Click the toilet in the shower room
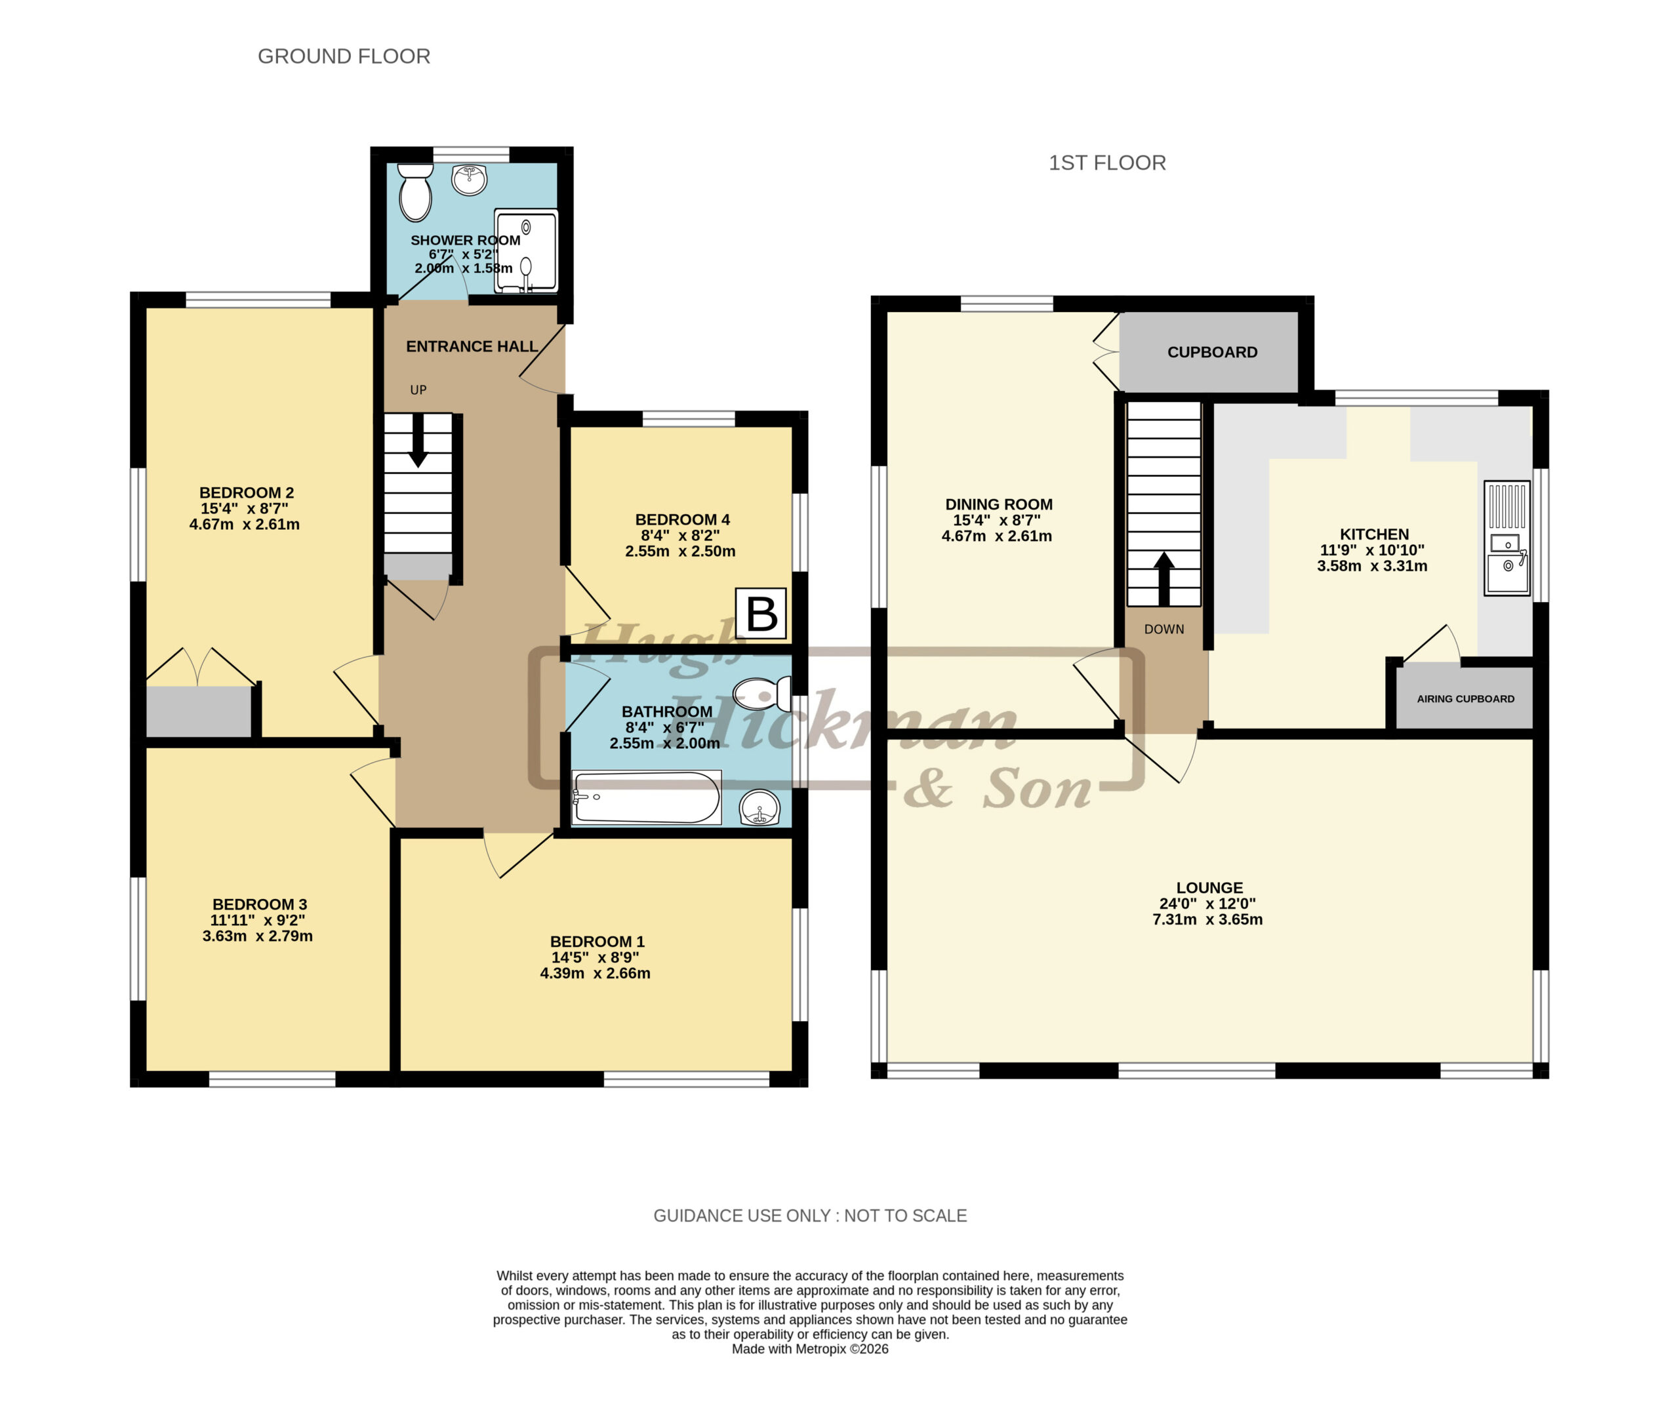click(415, 192)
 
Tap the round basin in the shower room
click(470, 179)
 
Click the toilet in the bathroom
click(762, 694)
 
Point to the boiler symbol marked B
click(760, 614)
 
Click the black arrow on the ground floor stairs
click(418, 441)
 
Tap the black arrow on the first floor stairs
click(1163, 578)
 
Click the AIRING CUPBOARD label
click(1465, 699)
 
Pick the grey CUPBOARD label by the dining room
click(1212, 352)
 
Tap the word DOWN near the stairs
click(1163, 630)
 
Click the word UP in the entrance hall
click(418, 390)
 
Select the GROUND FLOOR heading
click(344, 56)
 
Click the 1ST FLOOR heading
click(1107, 163)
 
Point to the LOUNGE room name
click(1209, 888)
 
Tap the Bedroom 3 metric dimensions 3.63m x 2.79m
click(258, 936)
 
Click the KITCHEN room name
click(1373, 534)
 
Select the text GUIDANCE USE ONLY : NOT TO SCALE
click(809, 1216)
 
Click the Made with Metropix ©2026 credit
click(809, 1349)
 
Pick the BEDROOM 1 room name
click(597, 942)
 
